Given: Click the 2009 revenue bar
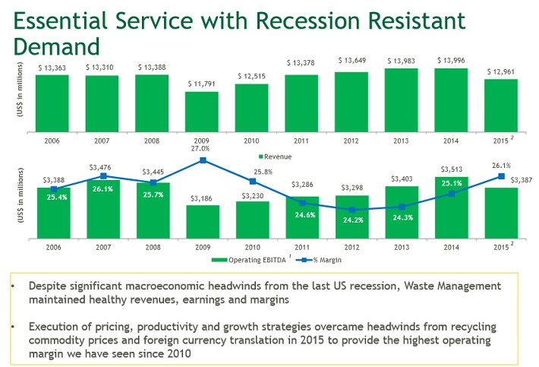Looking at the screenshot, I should pos(201,112).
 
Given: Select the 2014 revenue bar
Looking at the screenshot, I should pos(451,101).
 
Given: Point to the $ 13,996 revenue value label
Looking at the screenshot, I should pos(451,60).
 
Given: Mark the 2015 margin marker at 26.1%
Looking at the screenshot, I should pos(502,176).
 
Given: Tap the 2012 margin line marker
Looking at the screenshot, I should pos(352,210).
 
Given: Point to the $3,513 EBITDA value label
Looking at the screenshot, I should pos(452,169).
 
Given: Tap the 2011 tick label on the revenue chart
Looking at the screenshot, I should pos(301,141).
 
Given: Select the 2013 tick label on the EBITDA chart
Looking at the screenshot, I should pos(402,248).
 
